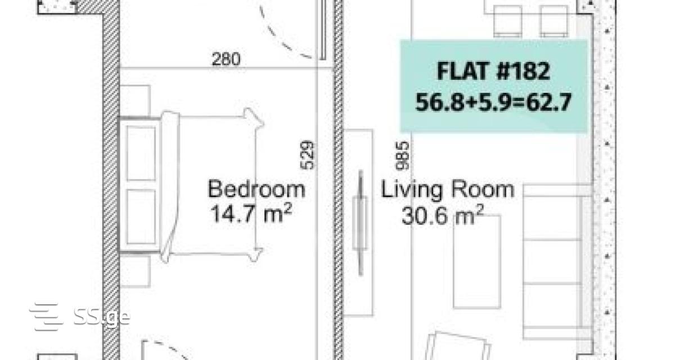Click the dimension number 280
[226, 59]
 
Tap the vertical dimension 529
[308, 155]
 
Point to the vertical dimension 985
[403, 156]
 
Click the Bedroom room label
[256, 189]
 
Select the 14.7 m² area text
[251, 213]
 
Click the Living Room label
[448, 190]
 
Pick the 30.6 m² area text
[443, 215]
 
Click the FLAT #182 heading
[494, 71]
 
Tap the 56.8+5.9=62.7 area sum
[493, 102]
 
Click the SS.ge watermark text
[102, 317]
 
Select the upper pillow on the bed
[141, 153]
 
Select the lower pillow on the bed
[141, 217]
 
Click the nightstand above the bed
[136, 101]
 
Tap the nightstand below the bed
[136, 271]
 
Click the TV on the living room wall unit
[360, 223]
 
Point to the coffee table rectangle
[477, 262]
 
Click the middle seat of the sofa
[552, 262]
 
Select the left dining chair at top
[508, 21]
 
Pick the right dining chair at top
[554, 21]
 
